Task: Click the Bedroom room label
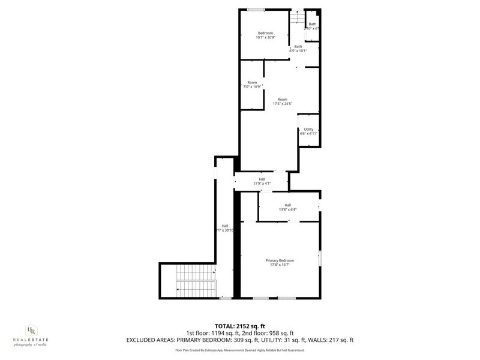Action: point(265,32)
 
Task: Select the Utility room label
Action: point(308,129)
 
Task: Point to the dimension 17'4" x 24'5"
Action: point(282,104)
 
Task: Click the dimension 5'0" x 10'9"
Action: point(253,86)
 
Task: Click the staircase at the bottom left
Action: point(196,281)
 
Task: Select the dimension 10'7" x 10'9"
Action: point(265,37)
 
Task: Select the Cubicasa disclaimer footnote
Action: point(239,350)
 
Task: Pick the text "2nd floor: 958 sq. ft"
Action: point(268,333)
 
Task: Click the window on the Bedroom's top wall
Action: point(257,8)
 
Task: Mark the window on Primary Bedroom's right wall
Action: point(320,259)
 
